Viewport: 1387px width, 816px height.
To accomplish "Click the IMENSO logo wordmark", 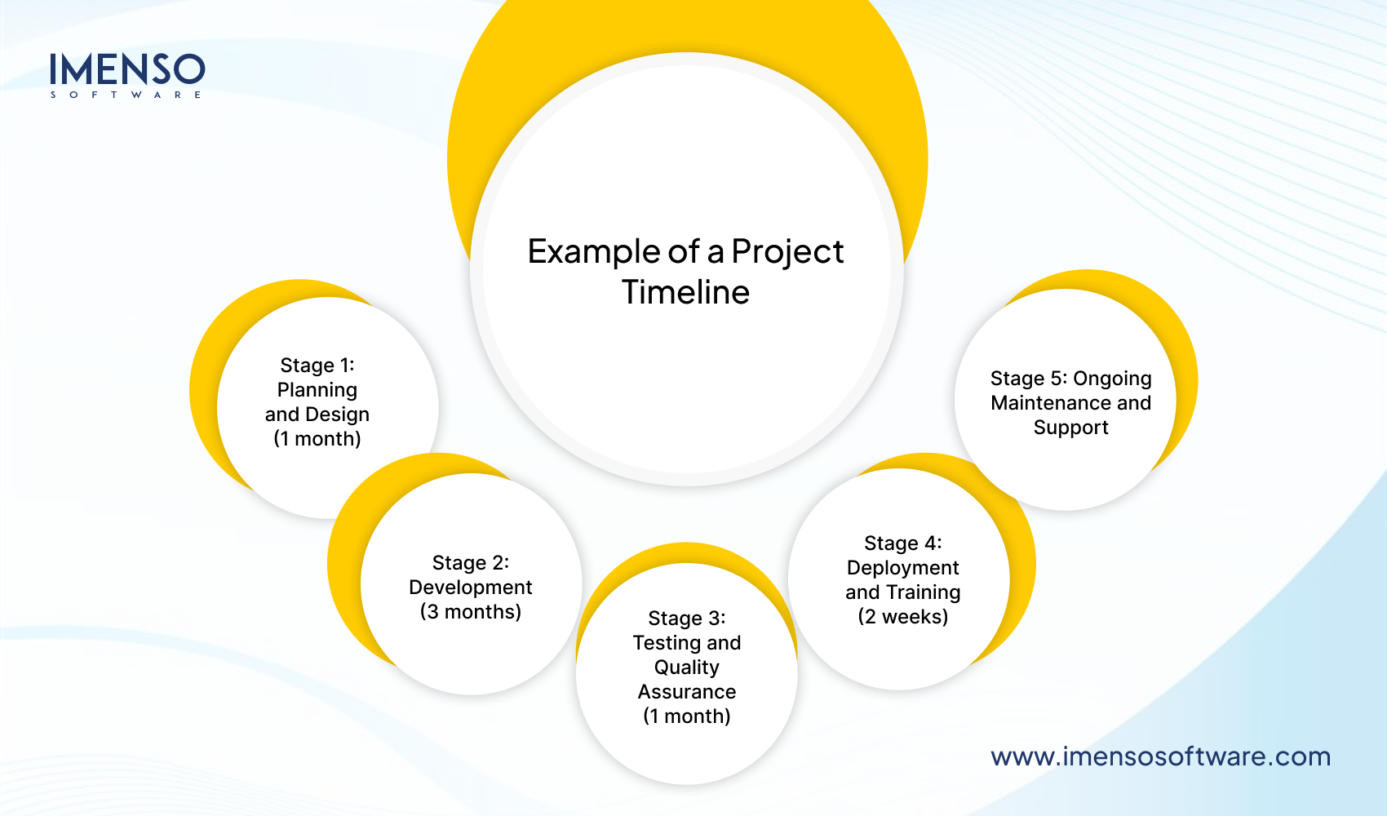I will pos(126,69).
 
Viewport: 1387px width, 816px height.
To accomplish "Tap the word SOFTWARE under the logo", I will pos(126,95).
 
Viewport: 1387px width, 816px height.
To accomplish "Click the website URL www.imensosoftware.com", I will pos(1160,756).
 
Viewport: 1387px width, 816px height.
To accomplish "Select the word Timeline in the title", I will pos(685,292).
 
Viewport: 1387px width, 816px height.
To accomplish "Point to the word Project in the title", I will pos(787,252).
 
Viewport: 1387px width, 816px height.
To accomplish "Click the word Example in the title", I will pos(593,252).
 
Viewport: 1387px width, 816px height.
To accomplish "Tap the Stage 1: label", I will pos(317,366).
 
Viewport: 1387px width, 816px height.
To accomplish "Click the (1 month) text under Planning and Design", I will pos(317,439).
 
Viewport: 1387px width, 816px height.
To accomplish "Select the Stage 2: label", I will pos(471,563).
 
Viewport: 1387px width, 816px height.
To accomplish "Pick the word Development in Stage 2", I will pos(471,588).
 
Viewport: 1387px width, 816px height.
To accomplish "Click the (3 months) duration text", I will pos(471,612).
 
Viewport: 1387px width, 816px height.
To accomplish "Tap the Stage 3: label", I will pos(687,619).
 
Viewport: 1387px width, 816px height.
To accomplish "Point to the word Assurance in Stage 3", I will pos(687,692).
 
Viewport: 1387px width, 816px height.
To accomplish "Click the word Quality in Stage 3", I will pos(687,667).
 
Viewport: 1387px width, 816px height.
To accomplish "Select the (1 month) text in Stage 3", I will pos(687,716).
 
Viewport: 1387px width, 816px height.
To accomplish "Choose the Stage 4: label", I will pos(903,543).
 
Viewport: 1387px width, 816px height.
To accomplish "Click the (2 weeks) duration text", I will pos(903,617).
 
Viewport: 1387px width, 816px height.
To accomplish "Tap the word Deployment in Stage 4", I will pos(903,568).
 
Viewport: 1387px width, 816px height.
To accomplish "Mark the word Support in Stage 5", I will pos(1070,428).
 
